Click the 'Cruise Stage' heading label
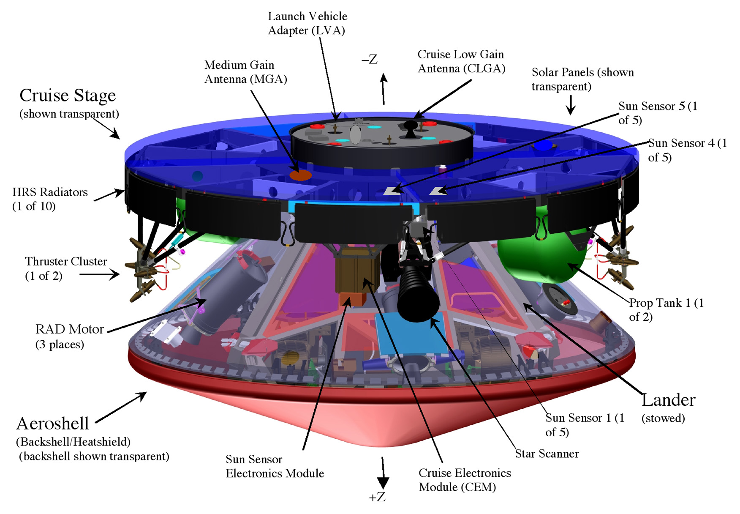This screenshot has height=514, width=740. click(x=68, y=96)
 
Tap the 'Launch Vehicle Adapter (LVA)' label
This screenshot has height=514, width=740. click(x=307, y=23)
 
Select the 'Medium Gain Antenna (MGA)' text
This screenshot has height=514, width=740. click(x=245, y=72)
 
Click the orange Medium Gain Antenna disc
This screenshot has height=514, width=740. click(x=300, y=175)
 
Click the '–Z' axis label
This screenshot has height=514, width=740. click(x=370, y=60)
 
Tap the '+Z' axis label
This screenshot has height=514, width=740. click(x=377, y=497)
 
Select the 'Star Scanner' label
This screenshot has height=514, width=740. click(x=547, y=454)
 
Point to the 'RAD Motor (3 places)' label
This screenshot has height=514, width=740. click(x=69, y=336)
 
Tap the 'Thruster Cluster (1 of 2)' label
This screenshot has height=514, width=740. click(x=65, y=268)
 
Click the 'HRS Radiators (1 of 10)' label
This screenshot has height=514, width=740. click(x=50, y=199)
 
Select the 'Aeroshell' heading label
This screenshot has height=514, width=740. click(x=52, y=424)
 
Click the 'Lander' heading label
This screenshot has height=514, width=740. click(x=668, y=400)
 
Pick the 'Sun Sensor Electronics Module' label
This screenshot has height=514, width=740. click(x=275, y=466)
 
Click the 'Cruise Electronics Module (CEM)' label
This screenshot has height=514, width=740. click(x=465, y=480)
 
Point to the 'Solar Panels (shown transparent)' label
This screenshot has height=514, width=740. click(x=582, y=79)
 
